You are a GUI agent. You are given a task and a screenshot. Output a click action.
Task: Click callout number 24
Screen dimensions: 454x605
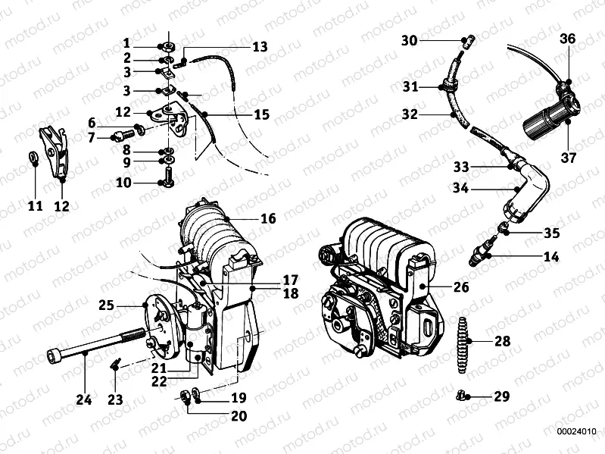pyautogui.click(x=84, y=399)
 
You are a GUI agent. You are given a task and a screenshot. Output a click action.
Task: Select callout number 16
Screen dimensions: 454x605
pyautogui.click(x=268, y=218)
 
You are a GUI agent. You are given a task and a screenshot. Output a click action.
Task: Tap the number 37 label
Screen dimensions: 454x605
pyautogui.click(x=568, y=158)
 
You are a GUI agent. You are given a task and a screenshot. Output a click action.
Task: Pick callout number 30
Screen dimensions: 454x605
pyautogui.click(x=410, y=39)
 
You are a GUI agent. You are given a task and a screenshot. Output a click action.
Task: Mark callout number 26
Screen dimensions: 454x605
pyautogui.click(x=461, y=287)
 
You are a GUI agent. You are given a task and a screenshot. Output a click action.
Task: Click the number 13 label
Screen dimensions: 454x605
pyautogui.click(x=260, y=47)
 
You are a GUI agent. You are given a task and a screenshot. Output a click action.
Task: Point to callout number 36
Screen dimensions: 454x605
pyautogui.click(x=568, y=39)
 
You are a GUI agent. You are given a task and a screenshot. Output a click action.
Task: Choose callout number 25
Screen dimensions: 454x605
pyautogui.click(x=106, y=305)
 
